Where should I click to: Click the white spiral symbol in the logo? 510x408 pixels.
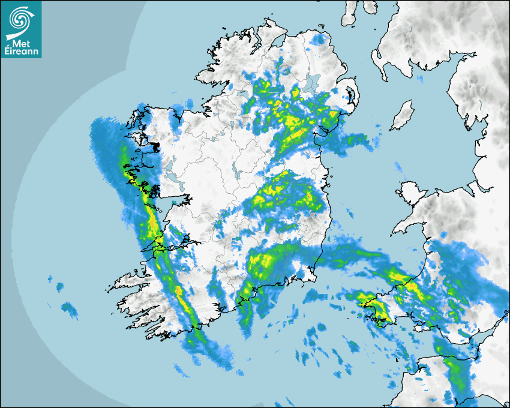pyautogui.click(x=20, y=19)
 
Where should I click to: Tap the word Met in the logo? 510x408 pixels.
pyautogui.click(x=22, y=43)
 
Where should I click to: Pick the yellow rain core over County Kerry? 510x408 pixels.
pyautogui.click(x=179, y=292)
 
